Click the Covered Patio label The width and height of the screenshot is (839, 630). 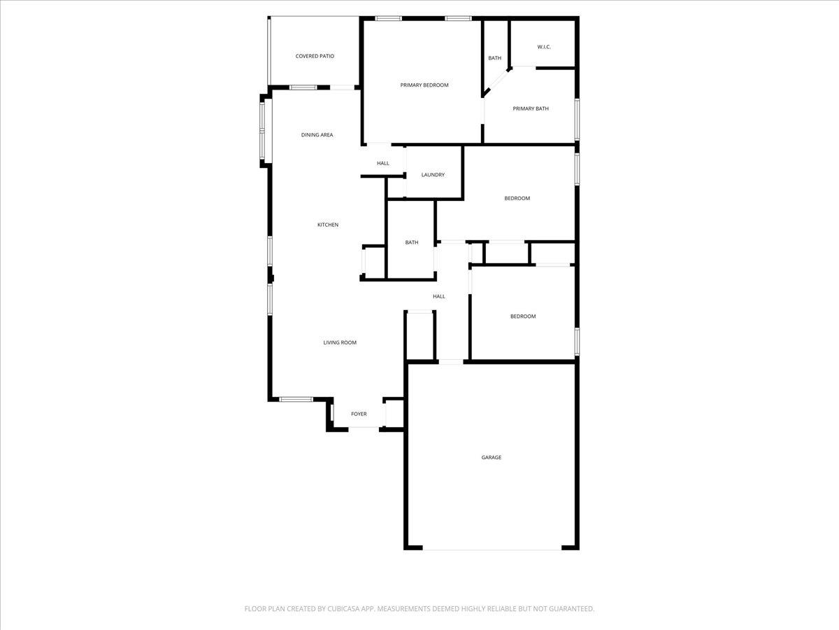pyautogui.click(x=315, y=56)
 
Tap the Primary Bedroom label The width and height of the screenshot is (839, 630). pyautogui.click(x=424, y=85)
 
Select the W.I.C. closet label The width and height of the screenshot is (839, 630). pyautogui.click(x=544, y=47)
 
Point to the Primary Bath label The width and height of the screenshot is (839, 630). pyautogui.click(x=531, y=108)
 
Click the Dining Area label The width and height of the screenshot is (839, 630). pyautogui.click(x=317, y=135)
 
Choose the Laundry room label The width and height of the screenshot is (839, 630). pyautogui.click(x=433, y=175)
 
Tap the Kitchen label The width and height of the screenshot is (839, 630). pyautogui.click(x=328, y=225)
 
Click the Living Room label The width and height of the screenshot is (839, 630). pyautogui.click(x=340, y=342)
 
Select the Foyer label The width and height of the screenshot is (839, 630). pyautogui.click(x=359, y=414)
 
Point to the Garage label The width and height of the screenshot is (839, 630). pyautogui.click(x=491, y=457)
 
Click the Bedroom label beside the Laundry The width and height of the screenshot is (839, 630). pyautogui.click(x=517, y=198)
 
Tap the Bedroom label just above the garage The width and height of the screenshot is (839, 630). pyautogui.click(x=523, y=316)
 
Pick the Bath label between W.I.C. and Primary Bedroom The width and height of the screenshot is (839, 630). pyautogui.click(x=495, y=58)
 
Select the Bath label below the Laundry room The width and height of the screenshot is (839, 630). pyautogui.click(x=412, y=242)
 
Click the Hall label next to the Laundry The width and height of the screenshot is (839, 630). pyautogui.click(x=383, y=163)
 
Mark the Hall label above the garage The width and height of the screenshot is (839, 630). pyautogui.click(x=439, y=296)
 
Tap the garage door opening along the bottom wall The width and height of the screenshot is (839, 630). pyautogui.click(x=492, y=548)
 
